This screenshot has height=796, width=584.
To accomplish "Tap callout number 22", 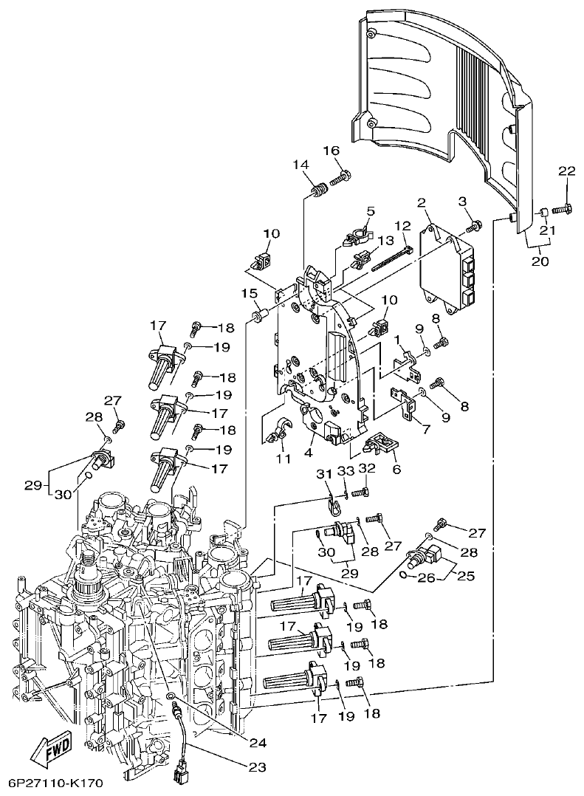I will tap(566, 171).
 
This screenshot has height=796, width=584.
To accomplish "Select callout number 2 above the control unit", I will tap(422, 202).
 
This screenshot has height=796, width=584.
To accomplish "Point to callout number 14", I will tap(300, 165).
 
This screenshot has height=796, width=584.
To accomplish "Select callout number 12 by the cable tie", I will tap(402, 225).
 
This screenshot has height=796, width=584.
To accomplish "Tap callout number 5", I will tap(370, 211).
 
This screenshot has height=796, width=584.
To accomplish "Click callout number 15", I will tap(249, 293).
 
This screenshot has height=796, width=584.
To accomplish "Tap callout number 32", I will tap(367, 468).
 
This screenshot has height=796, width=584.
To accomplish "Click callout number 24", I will tap(257, 743).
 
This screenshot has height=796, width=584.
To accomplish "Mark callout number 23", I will tap(256, 767).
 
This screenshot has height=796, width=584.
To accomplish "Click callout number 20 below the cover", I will tap(540, 261).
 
